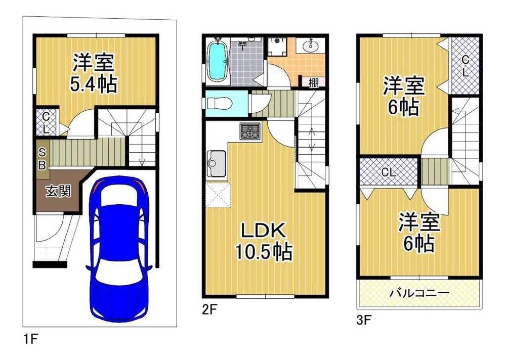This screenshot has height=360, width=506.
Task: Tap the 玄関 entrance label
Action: pos(58,192)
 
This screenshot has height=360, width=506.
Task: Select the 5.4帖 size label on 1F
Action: pos(93,84)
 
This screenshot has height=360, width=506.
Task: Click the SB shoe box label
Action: pos(43,158)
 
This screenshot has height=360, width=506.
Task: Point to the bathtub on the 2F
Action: pos(217,61)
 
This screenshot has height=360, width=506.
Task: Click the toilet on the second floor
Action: pos(219,104)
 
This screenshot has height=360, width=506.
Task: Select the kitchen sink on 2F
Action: pos(216,163)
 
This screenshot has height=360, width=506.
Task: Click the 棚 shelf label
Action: pos(313,82)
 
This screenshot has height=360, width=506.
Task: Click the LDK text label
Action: pos(263,231)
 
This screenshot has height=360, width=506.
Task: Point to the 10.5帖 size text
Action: pos(263,252)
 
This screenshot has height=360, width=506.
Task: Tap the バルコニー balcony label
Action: pos(419,293)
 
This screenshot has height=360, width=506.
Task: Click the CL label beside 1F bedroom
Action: pos(46,123)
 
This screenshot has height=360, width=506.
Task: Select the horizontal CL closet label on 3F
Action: pos(389,172)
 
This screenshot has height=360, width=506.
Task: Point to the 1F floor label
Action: pos(31,339)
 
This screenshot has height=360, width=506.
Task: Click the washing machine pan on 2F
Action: pos(277,46)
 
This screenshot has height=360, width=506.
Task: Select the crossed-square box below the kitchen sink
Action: pos(218,195)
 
